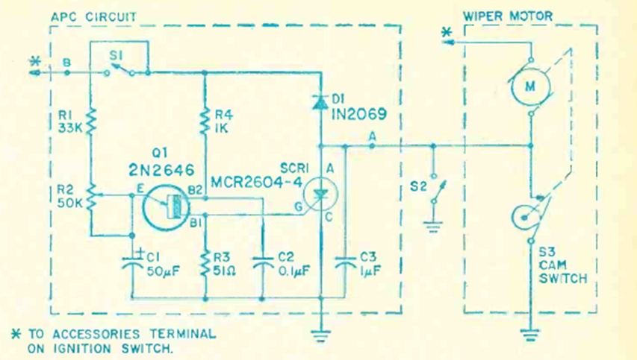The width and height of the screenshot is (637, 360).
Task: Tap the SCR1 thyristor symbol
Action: (x=320, y=194)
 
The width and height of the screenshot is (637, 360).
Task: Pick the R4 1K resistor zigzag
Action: (x=205, y=120)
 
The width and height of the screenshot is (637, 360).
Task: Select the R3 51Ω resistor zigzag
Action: (x=205, y=264)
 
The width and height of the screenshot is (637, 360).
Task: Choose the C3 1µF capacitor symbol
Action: (x=344, y=262)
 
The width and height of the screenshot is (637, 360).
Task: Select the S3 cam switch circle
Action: (x=526, y=217)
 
